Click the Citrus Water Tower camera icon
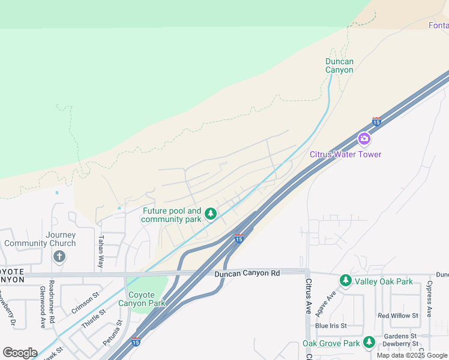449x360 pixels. [364, 139]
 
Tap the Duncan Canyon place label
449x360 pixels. [339, 65]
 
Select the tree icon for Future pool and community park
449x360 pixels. [210, 214]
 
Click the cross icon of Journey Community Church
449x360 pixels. [59, 257]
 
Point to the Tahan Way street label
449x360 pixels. [101, 251]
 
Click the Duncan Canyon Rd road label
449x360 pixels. [247, 274]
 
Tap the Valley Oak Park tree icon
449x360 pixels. [345, 281]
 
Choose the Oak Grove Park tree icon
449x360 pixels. [369, 343]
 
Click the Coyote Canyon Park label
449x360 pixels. [146, 299]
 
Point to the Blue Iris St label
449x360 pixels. [331, 326]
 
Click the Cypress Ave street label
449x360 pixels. [429, 297]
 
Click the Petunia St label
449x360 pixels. [112, 332]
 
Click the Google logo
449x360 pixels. [20, 353]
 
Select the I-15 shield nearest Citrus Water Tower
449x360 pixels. [376, 121]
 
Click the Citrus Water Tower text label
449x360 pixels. [345, 154]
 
